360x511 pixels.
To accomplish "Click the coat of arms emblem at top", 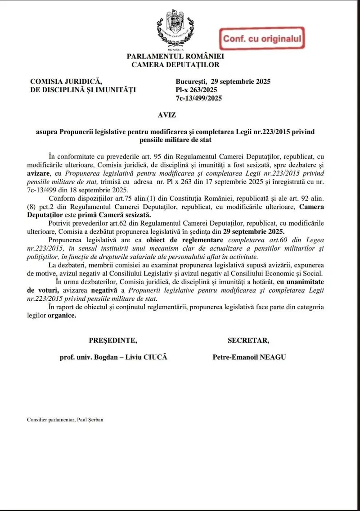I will (175, 29).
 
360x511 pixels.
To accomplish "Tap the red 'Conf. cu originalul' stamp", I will (261, 39).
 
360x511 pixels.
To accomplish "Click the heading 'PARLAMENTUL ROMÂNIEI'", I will (175, 56).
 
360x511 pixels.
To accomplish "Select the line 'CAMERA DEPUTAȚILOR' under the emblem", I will (175, 64).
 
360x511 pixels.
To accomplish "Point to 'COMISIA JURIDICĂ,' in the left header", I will (66, 81).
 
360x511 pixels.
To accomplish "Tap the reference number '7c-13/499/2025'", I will (199, 98).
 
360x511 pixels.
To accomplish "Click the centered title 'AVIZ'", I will (175, 115).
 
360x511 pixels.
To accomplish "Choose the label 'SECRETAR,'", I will (248, 339).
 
